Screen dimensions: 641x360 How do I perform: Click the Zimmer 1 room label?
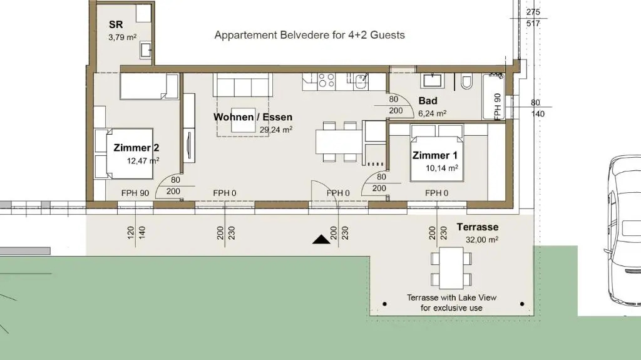[435, 155]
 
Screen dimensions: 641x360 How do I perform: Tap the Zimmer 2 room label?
[136, 148]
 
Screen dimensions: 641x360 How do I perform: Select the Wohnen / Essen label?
[253, 117]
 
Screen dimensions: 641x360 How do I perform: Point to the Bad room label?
[428, 101]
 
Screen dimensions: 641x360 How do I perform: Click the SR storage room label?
[116, 24]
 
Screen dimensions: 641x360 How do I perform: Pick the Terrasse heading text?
[478, 227]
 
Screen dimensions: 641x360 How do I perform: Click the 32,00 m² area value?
[482, 240]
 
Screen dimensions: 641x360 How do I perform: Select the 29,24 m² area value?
[276, 130]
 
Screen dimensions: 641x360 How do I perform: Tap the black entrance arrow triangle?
[321, 240]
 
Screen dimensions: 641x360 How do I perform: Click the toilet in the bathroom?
[466, 82]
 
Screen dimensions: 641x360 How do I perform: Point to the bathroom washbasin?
[432, 81]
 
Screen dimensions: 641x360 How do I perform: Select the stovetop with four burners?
[327, 80]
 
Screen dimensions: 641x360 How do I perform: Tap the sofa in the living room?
[242, 85]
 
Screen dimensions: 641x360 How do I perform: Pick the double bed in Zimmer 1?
[437, 153]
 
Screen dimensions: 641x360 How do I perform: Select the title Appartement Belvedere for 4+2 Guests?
[309, 35]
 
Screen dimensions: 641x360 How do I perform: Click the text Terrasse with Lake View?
[452, 298]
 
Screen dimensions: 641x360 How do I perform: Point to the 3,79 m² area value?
[122, 37]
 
